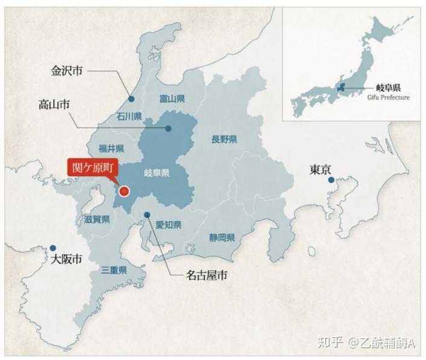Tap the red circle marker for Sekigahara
click(x=124, y=191)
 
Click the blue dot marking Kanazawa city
click(x=131, y=99)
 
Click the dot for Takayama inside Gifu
click(x=168, y=128)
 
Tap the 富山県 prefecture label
click(x=172, y=98)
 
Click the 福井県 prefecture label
click(x=112, y=148)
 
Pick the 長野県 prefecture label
click(x=224, y=140)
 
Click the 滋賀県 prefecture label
click(x=97, y=219)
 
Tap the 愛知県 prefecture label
click(x=169, y=225)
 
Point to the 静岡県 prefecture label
click(x=222, y=237)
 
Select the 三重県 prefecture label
click(x=114, y=270)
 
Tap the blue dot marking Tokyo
click(x=331, y=180)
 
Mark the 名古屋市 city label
click(x=207, y=275)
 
